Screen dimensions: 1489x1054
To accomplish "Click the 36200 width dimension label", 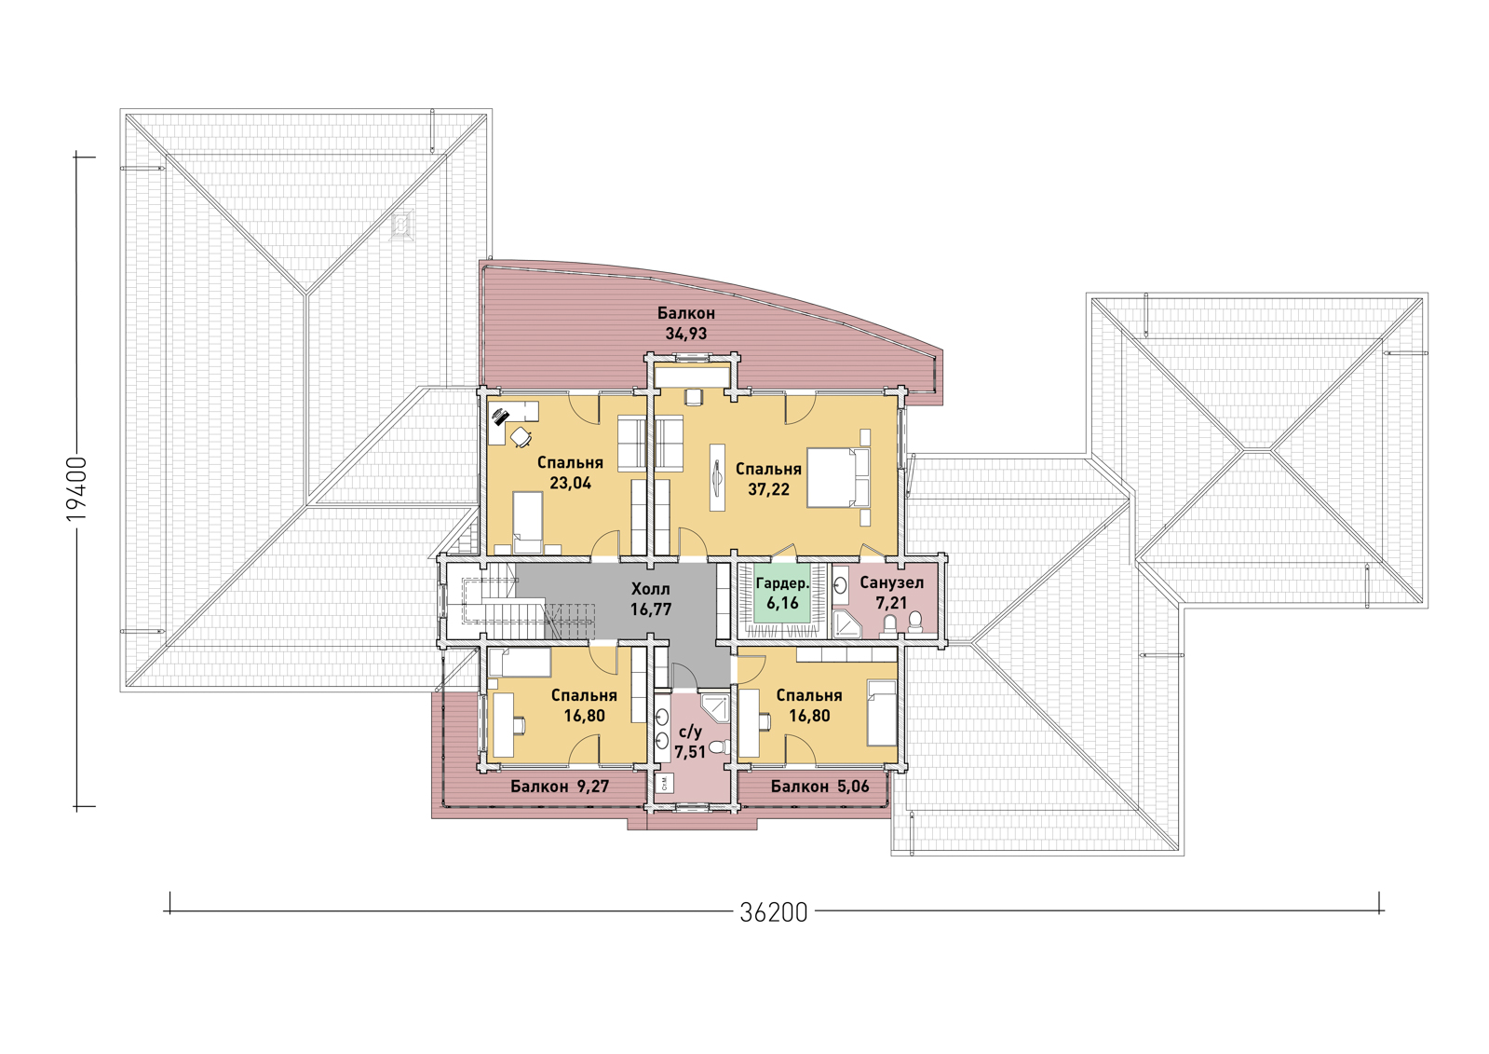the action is click(774, 912).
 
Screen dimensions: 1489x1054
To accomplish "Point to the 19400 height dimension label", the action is click(77, 489).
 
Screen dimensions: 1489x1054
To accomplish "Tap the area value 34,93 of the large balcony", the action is click(686, 334).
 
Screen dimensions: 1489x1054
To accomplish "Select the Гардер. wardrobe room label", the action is click(782, 583).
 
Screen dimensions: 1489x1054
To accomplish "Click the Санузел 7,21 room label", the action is click(891, 593).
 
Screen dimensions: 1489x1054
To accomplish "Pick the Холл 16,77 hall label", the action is click(651, 599).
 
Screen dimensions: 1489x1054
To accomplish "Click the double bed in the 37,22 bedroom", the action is click(838, 478).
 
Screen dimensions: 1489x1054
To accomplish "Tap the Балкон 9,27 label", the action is click(560, 787).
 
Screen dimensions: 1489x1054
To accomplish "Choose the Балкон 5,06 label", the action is click(819, 787).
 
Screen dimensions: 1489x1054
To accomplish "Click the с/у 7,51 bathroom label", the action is click(690, 742).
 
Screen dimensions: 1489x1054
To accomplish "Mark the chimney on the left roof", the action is click(401, 225).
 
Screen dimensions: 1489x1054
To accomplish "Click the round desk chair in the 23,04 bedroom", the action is click(521, 437).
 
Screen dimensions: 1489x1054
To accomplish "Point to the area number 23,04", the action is click(570, 483).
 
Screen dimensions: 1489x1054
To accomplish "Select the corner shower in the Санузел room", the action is click(846, 623).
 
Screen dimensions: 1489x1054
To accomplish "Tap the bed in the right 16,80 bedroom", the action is click(882, 713).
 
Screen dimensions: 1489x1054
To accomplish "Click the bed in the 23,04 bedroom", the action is click(528, 523).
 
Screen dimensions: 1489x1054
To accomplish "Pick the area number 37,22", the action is click(768, 489).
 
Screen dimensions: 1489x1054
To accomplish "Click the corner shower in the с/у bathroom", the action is click(715, 707).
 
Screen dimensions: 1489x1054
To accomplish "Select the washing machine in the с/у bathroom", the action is click(665, 782).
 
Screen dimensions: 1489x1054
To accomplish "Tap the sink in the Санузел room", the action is click(841, 585).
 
